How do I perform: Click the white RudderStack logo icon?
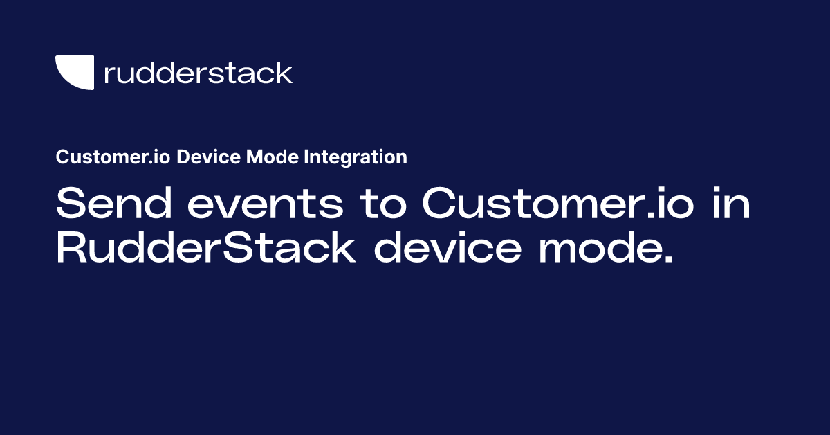coord(74,73)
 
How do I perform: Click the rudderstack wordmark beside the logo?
coord(198,73)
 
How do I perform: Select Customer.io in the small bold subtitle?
coord(113,157)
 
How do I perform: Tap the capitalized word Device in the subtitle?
coord(202,157)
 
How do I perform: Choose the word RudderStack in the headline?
coord(205,249)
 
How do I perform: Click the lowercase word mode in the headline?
coord(596,249)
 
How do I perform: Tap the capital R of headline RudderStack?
coord(70,249)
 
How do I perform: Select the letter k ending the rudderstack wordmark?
coord(284,73)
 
